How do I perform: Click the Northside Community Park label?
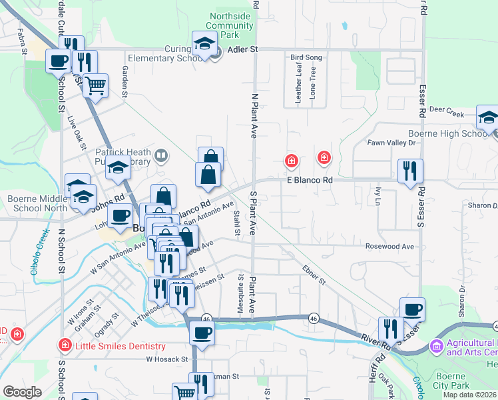(230, 25)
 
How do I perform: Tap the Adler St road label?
(243, 49)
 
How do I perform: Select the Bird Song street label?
(306, 58)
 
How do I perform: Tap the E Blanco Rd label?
(309, 180)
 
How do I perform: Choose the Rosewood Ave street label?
(389, 247)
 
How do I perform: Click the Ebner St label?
(313, 275)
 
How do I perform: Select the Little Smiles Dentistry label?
(120, 346)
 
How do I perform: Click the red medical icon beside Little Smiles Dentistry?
(65, 345)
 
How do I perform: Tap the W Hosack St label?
(167, 359)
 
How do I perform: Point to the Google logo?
(22, 392)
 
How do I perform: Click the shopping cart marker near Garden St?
(96, 85)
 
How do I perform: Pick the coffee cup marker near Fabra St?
(58, 61)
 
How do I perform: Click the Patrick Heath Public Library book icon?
(160, 157)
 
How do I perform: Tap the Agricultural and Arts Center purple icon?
(436, 345)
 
